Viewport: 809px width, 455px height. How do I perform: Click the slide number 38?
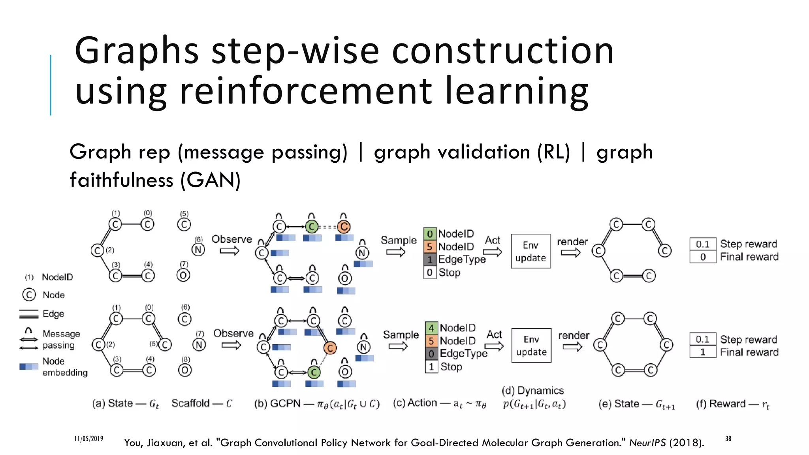pos(728,439)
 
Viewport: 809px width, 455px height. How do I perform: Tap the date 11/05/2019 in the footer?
pos(88,439)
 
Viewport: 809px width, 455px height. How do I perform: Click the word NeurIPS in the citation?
pos(647,443)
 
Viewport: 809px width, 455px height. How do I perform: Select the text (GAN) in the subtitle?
pos(210,180)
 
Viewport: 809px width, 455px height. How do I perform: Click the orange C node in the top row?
pos(344,227)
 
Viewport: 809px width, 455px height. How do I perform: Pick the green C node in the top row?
pos(312,227)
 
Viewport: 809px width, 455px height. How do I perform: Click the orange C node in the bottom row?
pos(330,348)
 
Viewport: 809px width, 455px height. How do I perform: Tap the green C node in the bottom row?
pos(314,372)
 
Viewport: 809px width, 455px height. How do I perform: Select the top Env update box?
pos(531,251)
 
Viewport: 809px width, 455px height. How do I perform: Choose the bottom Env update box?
pos(531,346)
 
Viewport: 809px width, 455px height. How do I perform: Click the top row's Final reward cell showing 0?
pos(703,257)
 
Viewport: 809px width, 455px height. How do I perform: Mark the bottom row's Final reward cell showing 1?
pos(703,352)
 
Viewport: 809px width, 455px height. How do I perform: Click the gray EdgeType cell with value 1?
pos(430,259)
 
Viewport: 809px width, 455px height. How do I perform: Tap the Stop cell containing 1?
pos(431,367)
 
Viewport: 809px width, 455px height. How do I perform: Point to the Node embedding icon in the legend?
pos(29,367)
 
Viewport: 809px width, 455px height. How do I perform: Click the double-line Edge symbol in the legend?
pos(29,314)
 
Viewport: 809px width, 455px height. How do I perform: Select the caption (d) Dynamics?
pos(532,391)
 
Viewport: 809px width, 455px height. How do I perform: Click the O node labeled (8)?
pos(185,370)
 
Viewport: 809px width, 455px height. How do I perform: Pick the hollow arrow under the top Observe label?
pos(230,251)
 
